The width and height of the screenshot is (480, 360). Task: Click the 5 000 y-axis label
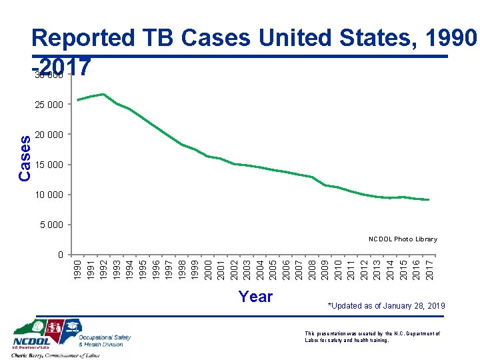pos(51,225)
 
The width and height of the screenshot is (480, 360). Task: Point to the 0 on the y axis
pos(60,255)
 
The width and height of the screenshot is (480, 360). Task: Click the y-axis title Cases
pos(25,158)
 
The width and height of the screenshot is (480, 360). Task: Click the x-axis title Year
pos(255,297)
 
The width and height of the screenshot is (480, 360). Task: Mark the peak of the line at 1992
pos(103,94)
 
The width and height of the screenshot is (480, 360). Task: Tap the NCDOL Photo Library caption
pos(403,239)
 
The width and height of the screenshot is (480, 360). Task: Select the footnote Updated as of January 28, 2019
pos(386,305)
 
